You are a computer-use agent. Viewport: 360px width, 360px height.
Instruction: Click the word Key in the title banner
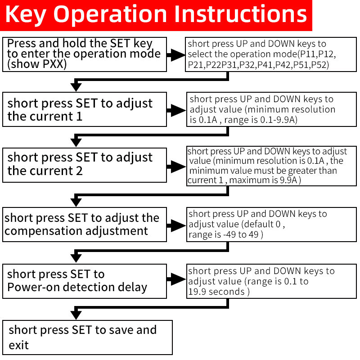pyautogui.click(x=26, y=15)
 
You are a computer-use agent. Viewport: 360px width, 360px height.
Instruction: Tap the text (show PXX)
pyautogui.click(x=37, y=64)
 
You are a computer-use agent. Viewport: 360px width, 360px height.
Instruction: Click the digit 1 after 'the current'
pyautogui.click(x=79, y=116)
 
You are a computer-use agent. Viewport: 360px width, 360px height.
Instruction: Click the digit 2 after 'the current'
pyautogui.click(x=79, y=171)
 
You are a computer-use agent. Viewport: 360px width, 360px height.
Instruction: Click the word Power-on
pyautogui.click(x=33, y=287)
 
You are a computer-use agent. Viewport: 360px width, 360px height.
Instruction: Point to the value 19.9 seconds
pyautogui.click(x=216, y=292)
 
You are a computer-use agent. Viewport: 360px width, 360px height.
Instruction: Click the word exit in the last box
pyautogui.click(x=18, y=345)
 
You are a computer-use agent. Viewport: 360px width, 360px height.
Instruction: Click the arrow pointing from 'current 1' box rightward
pyautogui.click(x=176, y=110)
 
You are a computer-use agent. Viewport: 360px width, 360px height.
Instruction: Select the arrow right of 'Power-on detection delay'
pyautogui.click(x=176, y=279)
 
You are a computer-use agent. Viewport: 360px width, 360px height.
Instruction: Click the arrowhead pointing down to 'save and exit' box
pyautogui.click(x=76, y=315)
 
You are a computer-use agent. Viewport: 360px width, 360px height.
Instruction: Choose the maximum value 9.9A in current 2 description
pyautogui.click(x=288, y=180)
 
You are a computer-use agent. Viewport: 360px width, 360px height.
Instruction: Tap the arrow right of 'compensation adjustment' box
pyautogui.click(x=176, y=225)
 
